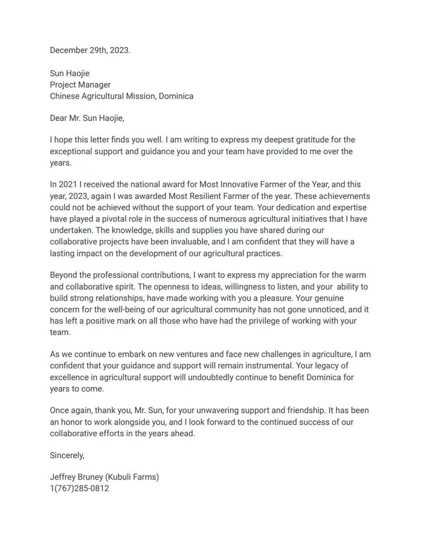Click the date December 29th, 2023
90,50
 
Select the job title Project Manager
80,85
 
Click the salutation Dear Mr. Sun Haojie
86,118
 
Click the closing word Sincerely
67,455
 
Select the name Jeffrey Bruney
76,477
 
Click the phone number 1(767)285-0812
79,488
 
